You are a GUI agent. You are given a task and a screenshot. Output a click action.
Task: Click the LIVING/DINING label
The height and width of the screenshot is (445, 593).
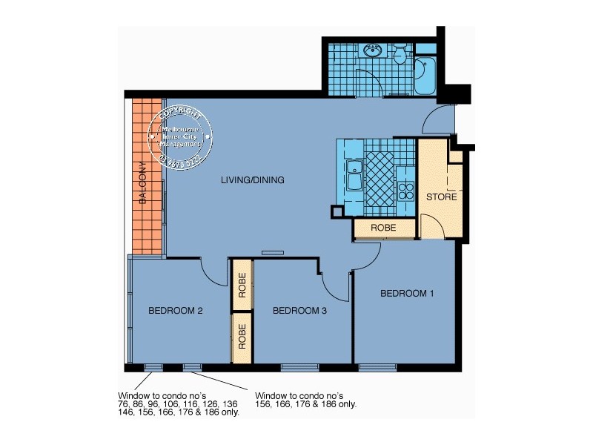click(x=254, y=180)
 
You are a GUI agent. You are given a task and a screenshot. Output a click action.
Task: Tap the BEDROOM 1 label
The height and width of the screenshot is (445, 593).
click(x=407, y=294)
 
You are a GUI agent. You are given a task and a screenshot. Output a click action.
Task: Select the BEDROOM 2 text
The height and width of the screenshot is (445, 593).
click(x=175, y=311)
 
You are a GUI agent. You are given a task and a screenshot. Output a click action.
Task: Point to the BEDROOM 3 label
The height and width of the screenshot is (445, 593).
click(x=299, y=311)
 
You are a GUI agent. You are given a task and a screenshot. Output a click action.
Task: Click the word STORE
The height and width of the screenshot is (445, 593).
click(x=441, y=197)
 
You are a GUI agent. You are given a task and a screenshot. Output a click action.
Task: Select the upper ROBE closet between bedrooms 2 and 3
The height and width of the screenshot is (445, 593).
click(x=242, y=285)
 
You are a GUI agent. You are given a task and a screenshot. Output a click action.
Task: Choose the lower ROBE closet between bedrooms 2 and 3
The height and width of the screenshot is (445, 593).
click(x=242, y=337)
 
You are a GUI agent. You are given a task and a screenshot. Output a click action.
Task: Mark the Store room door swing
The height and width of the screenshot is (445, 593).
click(x=434, y=227)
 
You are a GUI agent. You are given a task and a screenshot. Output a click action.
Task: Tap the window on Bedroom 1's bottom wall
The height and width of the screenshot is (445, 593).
click(x=373, y=368)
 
